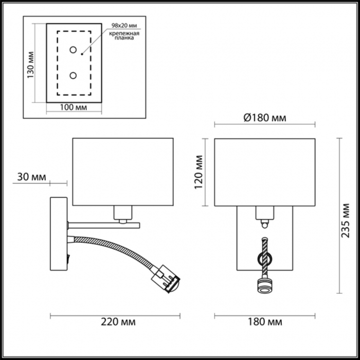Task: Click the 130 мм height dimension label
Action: pos(30,65)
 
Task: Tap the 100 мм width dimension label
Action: pos(74,107)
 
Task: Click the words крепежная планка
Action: pos(124,35)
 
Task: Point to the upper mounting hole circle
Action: pos(73,49)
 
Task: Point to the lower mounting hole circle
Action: pos(73,75)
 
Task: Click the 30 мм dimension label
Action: pos(32,177)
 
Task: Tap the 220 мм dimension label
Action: pos(118,322)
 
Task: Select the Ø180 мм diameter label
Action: pos(265,118)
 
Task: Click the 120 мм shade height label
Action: pos(199,172)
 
